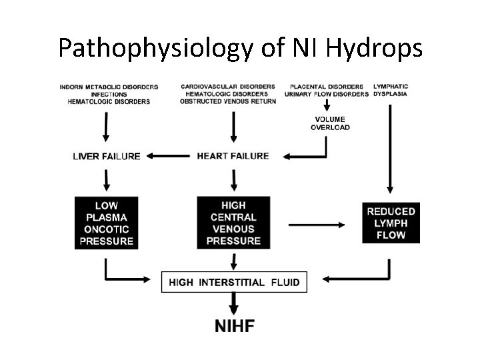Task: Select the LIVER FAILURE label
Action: [107, 156]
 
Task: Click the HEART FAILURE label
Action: [233, 156]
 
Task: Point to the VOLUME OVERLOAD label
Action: [330, 123]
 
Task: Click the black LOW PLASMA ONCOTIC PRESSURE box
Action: [107, 223]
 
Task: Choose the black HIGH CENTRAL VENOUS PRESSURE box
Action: [233, 223]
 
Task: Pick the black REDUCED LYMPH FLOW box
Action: [391, 223]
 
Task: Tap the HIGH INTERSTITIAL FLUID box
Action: [234, 283]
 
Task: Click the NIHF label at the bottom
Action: [234, 326]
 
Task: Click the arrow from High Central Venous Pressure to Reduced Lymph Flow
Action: [316, 225]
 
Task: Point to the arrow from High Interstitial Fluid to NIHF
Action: [233, 305]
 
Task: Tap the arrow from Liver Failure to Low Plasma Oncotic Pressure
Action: [107, 179]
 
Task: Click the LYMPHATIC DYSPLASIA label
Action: [391, 90]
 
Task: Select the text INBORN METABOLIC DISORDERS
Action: [109, 87]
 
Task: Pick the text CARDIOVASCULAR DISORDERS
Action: [227, 87]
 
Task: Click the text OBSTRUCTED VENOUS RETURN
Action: [227, 101]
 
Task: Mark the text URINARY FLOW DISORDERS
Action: [326, 94]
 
